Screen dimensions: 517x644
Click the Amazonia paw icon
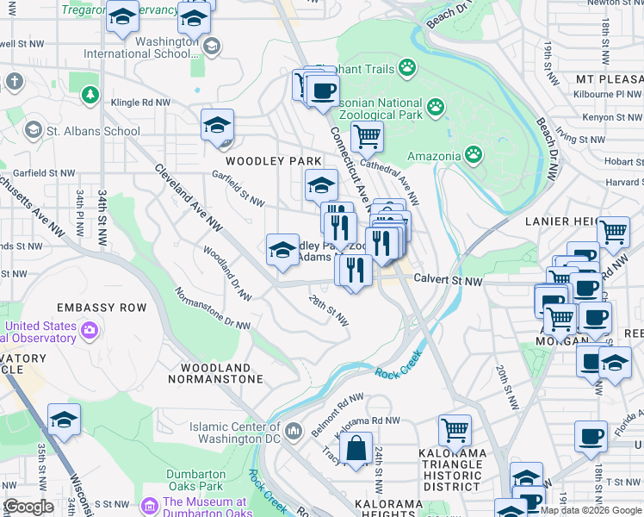tap(474, 154)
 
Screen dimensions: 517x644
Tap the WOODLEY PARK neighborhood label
tap(273, 161)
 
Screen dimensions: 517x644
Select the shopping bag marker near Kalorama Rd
tap(355, 449)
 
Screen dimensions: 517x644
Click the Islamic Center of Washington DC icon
tap(293, 429)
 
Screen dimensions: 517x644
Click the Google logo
tap(28, 507)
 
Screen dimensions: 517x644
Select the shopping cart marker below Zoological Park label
tap(367, 136)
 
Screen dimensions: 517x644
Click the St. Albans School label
tap(93, 131)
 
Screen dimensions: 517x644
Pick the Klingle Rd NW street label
tap(139, 103)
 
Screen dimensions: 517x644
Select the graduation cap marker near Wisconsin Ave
tap(64, 420)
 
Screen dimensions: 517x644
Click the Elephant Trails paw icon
tap(406, 68)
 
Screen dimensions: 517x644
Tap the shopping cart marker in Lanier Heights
tap(613, 231)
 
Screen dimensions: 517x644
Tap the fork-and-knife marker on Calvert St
tap(353, 270)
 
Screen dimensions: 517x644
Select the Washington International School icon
tap(211, 46)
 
